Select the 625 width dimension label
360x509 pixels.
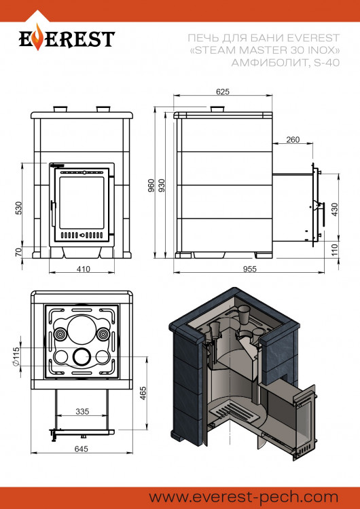pyautogui.click(x=222, y=91)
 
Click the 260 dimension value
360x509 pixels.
pyautogui.click(x=293, y=140)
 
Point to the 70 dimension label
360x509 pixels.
pyautogui.click(x=19, y=252)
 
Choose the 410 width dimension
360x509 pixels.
pyautogui.click(x=82, y=269)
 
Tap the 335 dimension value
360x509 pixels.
pyautogui.click(x=82, y=411)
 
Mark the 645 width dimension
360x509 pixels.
pyautogui.click(x=82, y=448)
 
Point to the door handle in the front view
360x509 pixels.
pyautogui.click(x=52, y=206)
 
